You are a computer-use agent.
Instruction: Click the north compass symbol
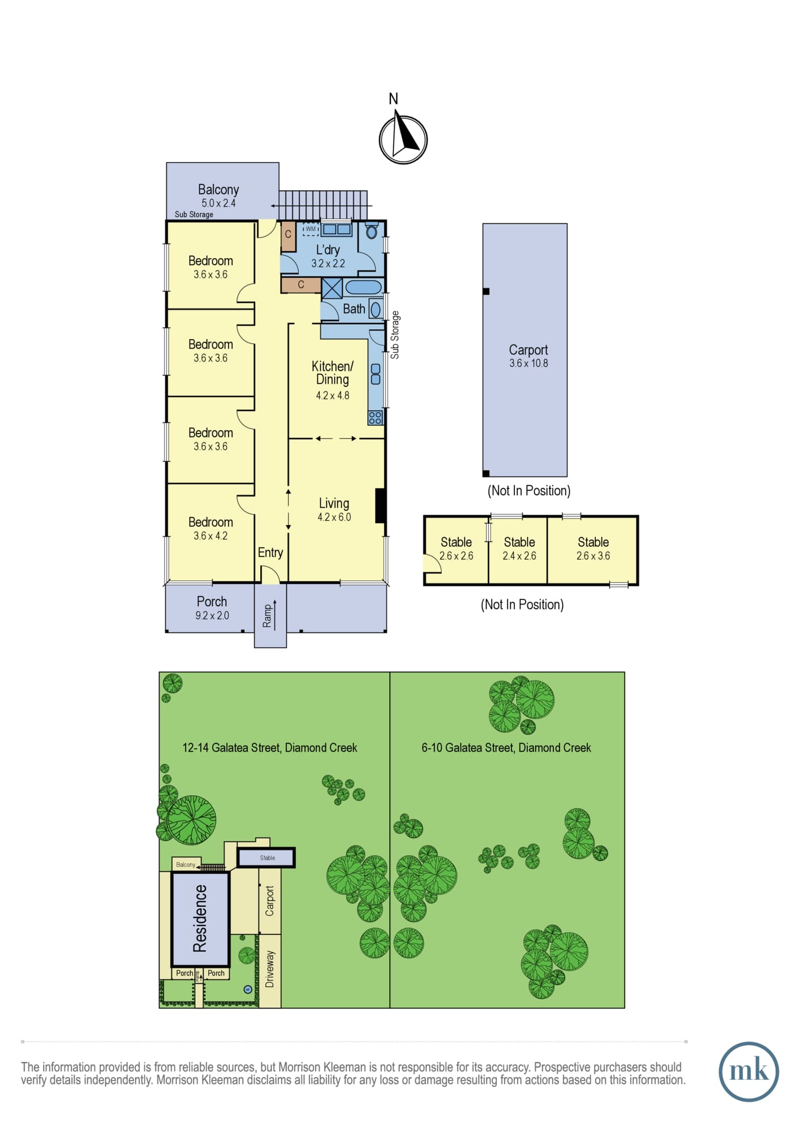[403, 139]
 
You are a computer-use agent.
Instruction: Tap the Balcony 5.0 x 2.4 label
[218, 196]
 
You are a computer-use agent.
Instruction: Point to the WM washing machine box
[311, 229]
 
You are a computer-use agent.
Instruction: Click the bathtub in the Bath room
[363, 287]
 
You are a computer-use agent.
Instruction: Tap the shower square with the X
[332, 288]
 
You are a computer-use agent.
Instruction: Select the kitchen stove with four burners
[375, 418]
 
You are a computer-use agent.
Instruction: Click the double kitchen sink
[375, 374]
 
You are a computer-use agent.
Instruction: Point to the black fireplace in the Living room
[381, 505]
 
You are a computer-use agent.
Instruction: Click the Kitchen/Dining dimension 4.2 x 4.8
[333, 396]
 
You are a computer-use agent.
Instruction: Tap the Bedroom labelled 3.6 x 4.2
[210, 528]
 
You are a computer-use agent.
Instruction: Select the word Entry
[270, 552]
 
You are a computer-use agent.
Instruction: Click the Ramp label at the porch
[267, 616]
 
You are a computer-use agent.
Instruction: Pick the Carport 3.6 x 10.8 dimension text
[528, 363]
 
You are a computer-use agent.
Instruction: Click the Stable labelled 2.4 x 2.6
[519, 548]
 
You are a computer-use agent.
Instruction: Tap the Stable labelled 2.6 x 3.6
[593, 548]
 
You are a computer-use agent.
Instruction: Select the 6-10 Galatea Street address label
[506, 748]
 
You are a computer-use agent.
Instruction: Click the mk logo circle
[749, 1071]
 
